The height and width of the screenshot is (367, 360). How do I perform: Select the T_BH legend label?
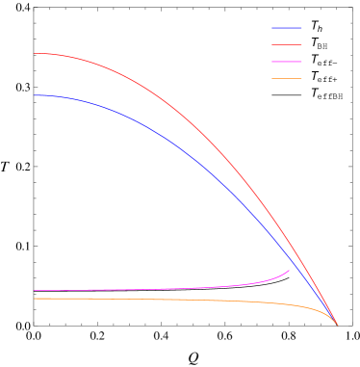pos(319,43)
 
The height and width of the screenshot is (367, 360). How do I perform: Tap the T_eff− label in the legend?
pos(323,61)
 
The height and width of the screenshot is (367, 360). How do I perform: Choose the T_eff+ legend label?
pos(323,77)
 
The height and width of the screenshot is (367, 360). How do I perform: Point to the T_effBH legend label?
pos(326,94)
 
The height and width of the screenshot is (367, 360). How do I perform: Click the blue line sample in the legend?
pos(286,27)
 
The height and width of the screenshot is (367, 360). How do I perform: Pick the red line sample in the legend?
pos(286,43)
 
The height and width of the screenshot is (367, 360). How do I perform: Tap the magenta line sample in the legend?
pos(286,61)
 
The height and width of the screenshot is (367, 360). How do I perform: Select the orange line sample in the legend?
pos(286,77)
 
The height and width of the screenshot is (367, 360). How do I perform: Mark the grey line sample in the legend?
pos(286,94)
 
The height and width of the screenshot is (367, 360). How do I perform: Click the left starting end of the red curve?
pos(35,53)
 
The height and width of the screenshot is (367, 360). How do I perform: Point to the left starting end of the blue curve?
pos(35,94)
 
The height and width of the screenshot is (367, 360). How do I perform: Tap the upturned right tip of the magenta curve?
pos(289,271)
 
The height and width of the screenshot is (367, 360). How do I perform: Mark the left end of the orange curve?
pos(35,299)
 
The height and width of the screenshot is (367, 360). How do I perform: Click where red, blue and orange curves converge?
pos(337,325)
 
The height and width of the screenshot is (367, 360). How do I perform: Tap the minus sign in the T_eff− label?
pos(334,63)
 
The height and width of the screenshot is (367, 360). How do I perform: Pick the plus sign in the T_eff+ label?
pos(334,79)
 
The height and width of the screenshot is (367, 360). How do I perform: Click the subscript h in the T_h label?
pos(320,29)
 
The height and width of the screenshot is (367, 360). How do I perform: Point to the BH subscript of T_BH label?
pos(322,45)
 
